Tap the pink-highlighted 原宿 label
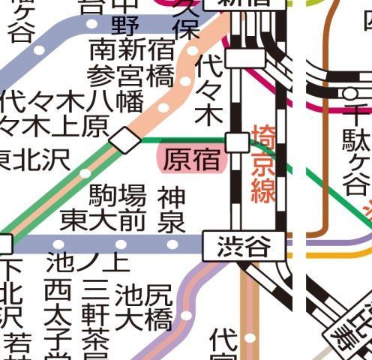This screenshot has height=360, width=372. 191,160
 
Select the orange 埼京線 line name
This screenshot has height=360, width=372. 264,164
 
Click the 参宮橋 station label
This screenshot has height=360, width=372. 130,76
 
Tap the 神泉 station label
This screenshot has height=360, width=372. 172,209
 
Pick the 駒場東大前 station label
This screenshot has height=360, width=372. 103,208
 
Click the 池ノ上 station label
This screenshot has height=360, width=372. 88,262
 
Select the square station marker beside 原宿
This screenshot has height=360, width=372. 238,141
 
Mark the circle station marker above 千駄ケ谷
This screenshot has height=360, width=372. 349,93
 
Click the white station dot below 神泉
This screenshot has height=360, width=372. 172,244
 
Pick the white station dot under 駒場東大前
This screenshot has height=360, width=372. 121,244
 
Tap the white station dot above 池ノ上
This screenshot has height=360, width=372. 59,244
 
